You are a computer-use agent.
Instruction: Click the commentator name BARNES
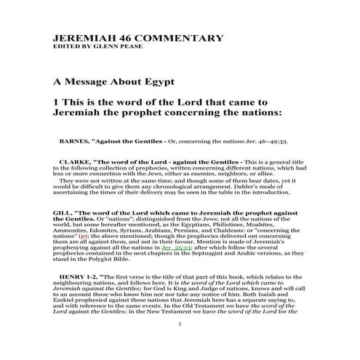point(79,137)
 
